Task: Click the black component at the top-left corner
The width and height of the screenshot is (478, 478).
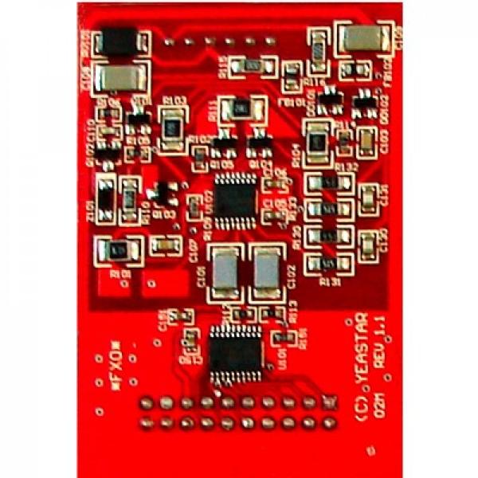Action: [x=121, y=45]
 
